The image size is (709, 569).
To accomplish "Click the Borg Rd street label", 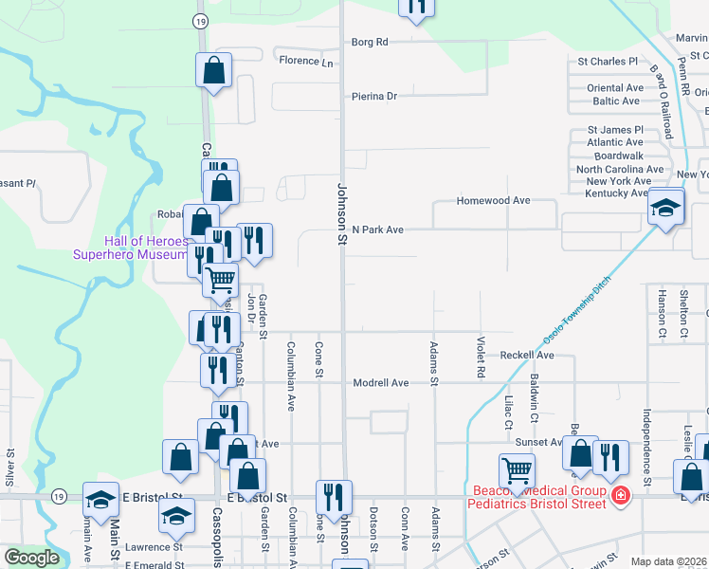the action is [x=370, y=42].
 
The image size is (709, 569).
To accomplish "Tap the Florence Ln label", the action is [x=306, y=63].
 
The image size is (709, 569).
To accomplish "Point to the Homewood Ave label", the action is [x=493, y=201].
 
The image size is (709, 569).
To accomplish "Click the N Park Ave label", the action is [x=377, y=229].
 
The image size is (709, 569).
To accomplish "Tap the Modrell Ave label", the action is [x=380, y=383].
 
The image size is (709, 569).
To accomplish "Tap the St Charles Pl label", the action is [x=608, y=62].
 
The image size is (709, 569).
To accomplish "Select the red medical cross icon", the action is [x=620, y=495].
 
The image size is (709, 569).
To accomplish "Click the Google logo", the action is [x=31, y=558].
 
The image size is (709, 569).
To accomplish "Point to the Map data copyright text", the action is [x=668, y=561].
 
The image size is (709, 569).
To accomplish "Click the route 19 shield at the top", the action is [x=199, y=20].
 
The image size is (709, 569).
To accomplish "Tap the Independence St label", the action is [x=646, y=448].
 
